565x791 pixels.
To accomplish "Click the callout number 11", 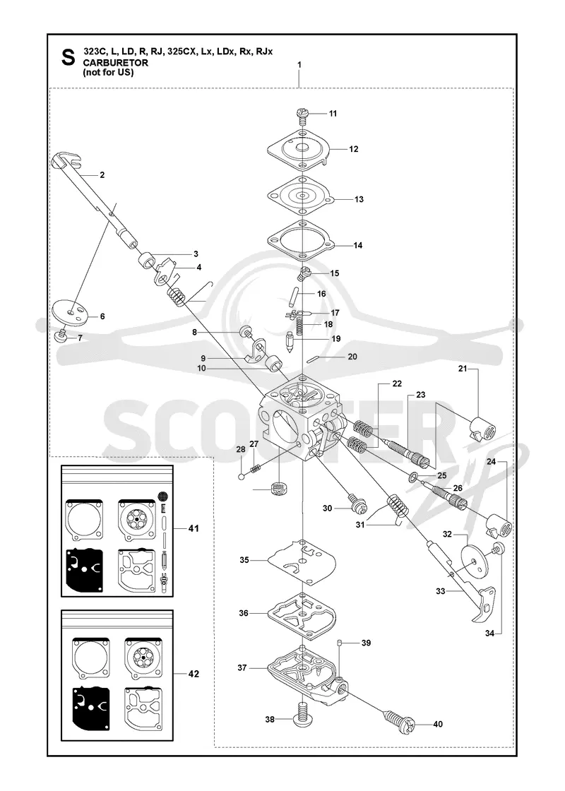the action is (x=333, y=114).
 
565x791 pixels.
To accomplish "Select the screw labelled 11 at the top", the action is (x=301, y=114).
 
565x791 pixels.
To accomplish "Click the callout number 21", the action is (x=463, y=369).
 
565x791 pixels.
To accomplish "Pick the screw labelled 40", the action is (x=403, y=722).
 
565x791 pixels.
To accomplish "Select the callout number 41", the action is (x=194, y=529).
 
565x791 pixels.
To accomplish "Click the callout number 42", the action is (x=194, y=674).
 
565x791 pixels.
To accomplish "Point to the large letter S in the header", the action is (x=68, y=57).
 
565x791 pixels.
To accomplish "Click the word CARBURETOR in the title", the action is (x=116, y=63).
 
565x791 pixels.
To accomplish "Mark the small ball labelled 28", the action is (x=242, y=475).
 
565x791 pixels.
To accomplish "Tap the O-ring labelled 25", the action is (x=412, y=476).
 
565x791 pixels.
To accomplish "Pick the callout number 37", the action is (x=242, y=667).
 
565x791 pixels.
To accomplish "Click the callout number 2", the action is (x=102, y=175).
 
